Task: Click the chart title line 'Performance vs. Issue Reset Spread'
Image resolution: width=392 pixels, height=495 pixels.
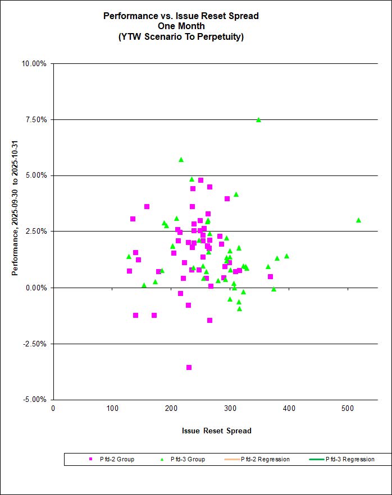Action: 181,16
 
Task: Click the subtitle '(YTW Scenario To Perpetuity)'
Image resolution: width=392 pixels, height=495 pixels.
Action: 181,37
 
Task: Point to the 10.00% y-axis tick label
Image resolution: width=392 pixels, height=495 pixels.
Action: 34,63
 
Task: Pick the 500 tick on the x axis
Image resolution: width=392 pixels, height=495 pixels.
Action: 348,408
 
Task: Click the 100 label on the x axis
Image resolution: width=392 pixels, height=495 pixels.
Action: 112,408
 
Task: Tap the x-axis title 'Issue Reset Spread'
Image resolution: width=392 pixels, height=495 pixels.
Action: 216,431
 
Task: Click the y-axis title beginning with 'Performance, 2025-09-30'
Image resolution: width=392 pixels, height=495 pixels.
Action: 15,232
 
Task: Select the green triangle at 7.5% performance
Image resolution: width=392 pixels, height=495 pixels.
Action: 258,119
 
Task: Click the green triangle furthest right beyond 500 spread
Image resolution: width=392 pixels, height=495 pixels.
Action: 358,220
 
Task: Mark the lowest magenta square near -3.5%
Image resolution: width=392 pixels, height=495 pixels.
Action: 189,367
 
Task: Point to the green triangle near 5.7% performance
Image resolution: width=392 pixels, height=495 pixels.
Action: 181,160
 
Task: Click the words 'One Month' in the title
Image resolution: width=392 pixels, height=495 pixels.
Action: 181,26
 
